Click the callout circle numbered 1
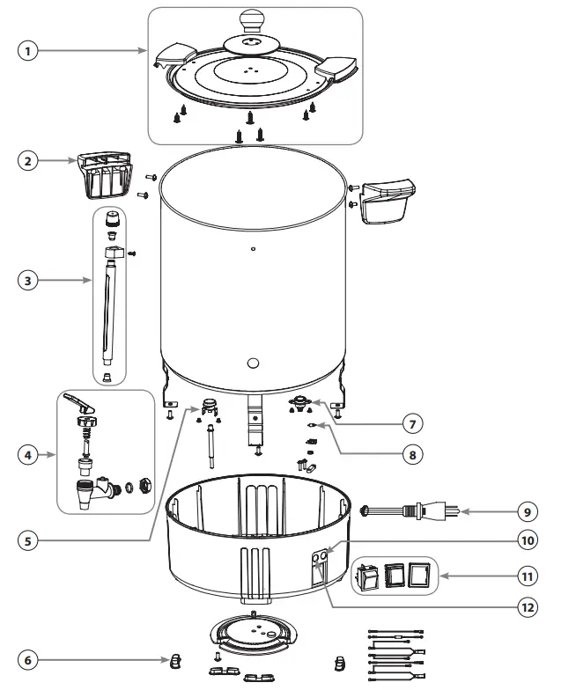click(x=30, y=52)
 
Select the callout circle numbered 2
click(x=30, y=162)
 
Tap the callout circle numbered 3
click(x=30, y=281)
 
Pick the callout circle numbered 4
click(x=30, y=455)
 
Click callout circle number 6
click(x=30, y=659)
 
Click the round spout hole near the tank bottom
click(x=253, y=363)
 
